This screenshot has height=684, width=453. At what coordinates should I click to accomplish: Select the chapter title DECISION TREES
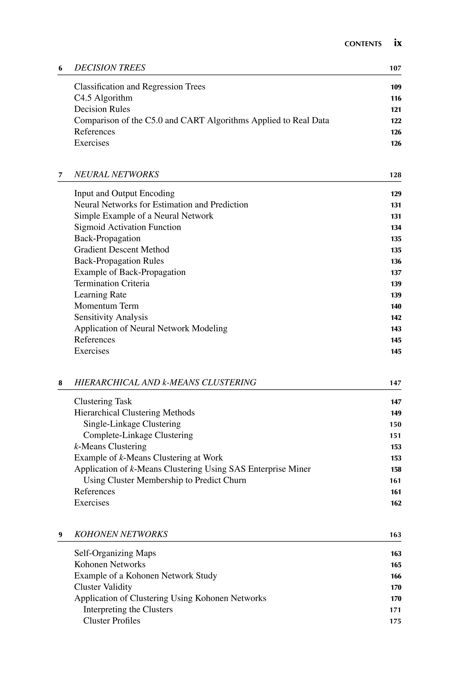[110, 68]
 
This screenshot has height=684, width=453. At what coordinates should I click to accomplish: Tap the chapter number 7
[60, 175]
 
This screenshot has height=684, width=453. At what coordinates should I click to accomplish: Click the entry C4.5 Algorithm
[103, 98]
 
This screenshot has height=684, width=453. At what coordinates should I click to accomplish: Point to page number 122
[396, 121]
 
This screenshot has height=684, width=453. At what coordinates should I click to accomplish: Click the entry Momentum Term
[106, 306]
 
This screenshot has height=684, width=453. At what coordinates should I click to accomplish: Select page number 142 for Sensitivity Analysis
[396, 317]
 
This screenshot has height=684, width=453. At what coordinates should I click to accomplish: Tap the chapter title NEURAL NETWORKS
[116, 175]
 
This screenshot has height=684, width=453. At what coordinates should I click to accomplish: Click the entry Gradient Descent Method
[122, 250]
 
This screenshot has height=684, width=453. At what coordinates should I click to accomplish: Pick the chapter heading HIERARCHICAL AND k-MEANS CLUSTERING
[165, 382]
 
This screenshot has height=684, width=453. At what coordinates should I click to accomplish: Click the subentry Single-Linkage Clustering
[132, 424]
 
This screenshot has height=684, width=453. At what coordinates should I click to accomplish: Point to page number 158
[396, 469]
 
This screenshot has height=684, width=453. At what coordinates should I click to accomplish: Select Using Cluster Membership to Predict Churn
[165, 480]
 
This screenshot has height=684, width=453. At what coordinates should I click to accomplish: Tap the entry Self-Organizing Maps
[115, 553]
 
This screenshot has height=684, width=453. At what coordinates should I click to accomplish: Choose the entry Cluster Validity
[103, 587]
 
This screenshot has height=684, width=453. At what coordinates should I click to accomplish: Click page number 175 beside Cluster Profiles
[395, 621]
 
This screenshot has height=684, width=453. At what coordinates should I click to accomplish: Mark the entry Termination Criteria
[112, 283]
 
